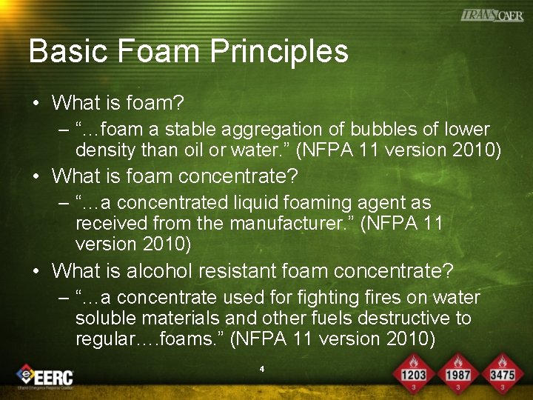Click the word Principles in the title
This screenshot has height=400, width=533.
click(279, 51)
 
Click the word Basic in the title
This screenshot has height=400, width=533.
click(62, 51)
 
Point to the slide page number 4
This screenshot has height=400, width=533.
click(262, 367)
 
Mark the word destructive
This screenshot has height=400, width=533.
click(398, 319)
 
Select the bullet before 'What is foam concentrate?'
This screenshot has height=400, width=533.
click(36, 177)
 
